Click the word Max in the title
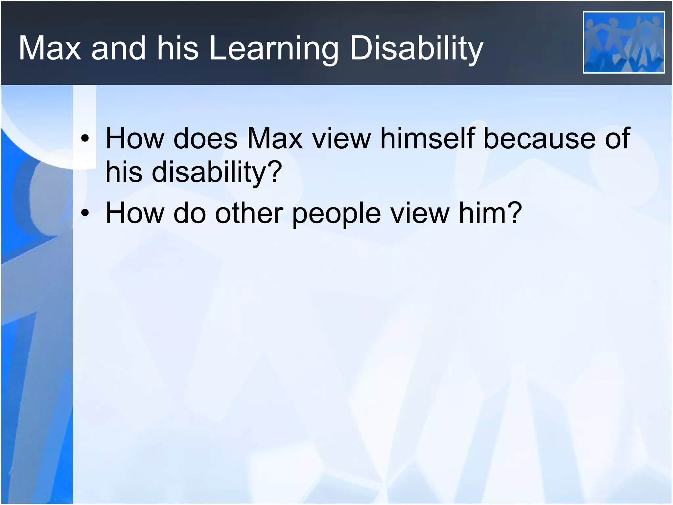tap(50, 49)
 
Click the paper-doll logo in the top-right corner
tap(623, 42)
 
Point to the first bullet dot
tap(85, 139)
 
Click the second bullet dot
tap(85, 213)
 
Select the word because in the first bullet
tap(538, 138)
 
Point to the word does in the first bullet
tap(205, 138)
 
